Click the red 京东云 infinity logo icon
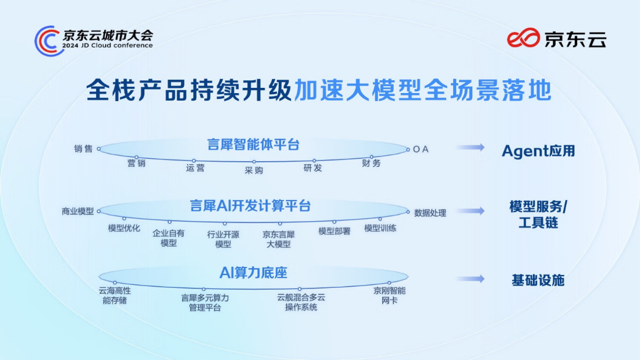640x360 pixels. point(523,38)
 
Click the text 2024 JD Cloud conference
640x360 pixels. point(108,45)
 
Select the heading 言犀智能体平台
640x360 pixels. point(253,144)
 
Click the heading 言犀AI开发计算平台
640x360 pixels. point(250,206)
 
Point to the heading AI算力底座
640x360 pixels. point(254,273)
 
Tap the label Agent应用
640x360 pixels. point(538,151)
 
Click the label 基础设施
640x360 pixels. point(538,280)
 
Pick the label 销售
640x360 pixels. point(83,148)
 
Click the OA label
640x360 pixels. point(421,149)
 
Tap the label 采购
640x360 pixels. point(254,170)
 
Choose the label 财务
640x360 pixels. point(371,163)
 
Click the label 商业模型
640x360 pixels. point(77,212)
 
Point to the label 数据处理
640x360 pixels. point(430,213)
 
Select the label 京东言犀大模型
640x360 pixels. point(278,239)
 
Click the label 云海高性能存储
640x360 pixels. point(115,295)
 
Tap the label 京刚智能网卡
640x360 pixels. point(389,295)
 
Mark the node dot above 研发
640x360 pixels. point(314,161)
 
